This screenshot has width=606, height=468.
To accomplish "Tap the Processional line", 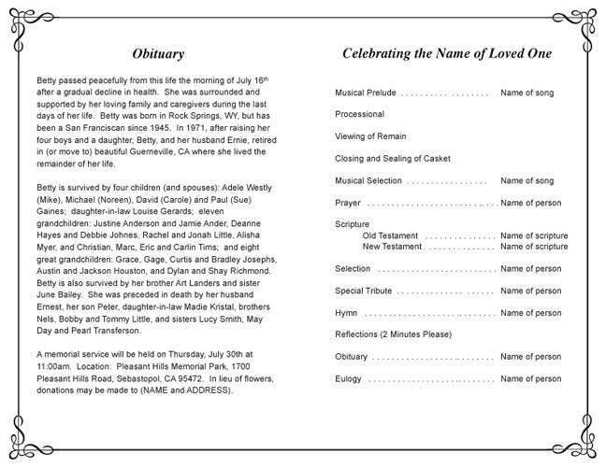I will tap(359, 115).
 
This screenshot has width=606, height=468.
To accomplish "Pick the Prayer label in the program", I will tap(348, 203).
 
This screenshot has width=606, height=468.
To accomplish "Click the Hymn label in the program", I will tap(346, 312).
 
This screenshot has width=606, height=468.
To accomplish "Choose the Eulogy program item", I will tap(349, 378).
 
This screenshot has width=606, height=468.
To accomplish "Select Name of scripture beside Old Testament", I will tap(534, 236).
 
